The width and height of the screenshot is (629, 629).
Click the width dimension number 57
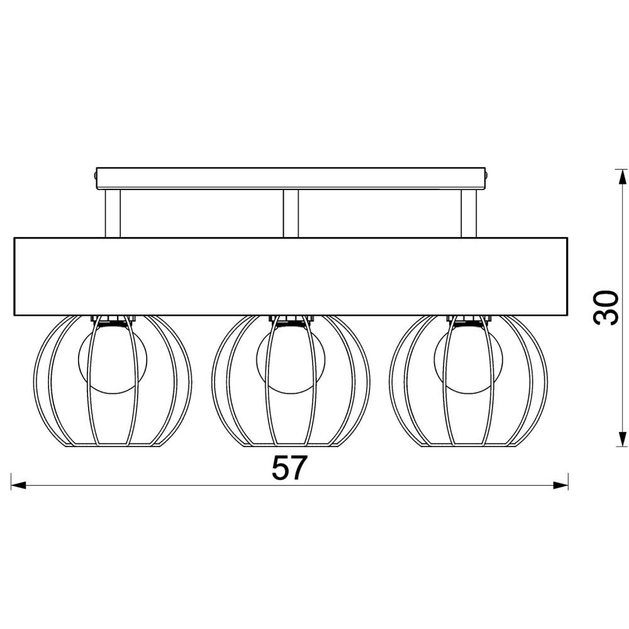tap(289, 468)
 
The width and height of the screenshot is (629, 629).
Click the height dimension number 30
tap(606, 308)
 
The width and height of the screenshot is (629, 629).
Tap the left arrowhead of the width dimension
tap(18, 486)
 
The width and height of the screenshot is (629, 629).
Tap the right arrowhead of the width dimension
tap(560, 486)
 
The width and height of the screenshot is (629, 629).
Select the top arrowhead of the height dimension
tap(622, 177)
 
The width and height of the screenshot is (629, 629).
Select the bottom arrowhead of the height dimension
tap(622, 438)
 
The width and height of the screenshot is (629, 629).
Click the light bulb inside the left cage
tap(113, 359)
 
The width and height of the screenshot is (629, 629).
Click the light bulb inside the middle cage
tap(291, 359)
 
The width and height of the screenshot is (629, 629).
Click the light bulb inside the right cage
tap(469, 359)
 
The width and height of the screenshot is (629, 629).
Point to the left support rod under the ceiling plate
tap(113, 213)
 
